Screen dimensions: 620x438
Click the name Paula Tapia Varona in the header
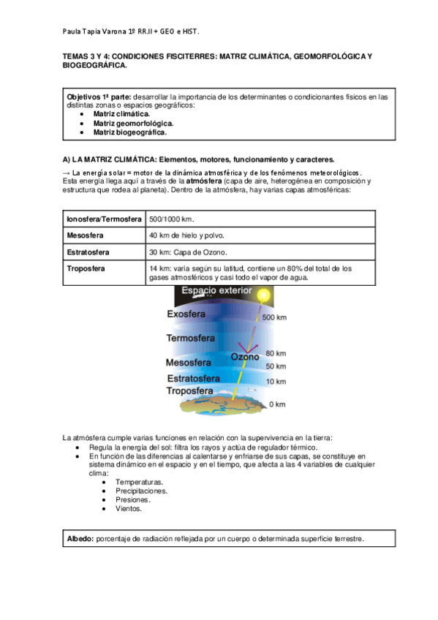pos(96,32)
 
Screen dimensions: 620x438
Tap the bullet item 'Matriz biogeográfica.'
pos(129,133)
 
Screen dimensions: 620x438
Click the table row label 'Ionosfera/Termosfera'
pos(104,219)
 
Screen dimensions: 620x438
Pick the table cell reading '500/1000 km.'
pos(172,219)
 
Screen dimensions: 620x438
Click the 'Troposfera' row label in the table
pos(86,269)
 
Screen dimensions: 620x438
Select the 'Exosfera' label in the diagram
pos(188,314)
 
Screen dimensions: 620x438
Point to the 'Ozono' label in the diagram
pos(245,358)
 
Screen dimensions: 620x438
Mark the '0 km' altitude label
pos(276,404)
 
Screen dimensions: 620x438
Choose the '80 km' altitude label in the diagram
pos(275,352)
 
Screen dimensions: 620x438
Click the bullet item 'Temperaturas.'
pos(139,482)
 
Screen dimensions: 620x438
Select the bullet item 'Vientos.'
pos(129,508)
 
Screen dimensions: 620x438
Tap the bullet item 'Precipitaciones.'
pos(141,491)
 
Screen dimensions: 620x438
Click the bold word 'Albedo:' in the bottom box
pos(80,538)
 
